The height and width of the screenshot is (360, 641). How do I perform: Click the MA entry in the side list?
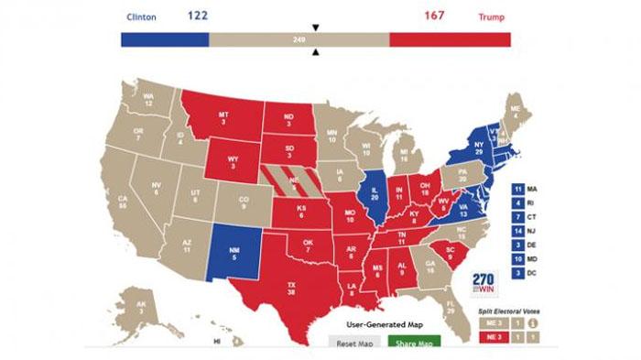[x=525, y=188]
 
